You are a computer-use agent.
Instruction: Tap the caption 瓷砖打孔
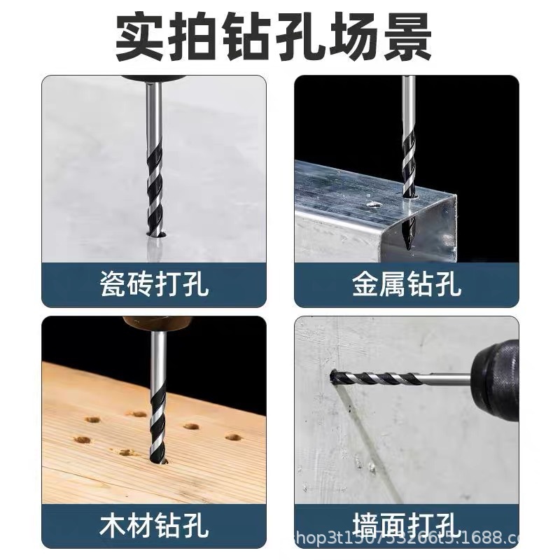tap(154, 285)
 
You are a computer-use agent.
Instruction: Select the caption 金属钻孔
tap(406, 285)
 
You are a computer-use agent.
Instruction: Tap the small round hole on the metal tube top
tap(374, 205)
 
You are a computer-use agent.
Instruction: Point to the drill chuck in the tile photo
tap(150, 78)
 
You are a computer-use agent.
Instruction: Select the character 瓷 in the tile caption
tap(113, 285)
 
